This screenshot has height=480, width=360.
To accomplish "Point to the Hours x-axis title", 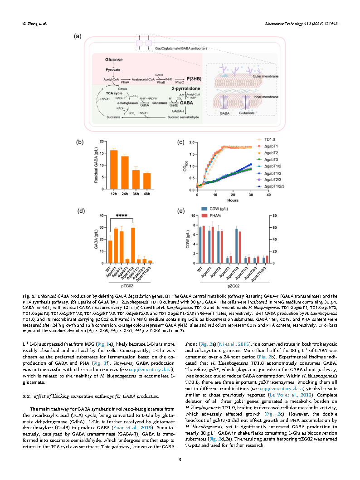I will (234, 200).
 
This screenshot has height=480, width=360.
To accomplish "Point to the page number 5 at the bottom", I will (180, 460).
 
